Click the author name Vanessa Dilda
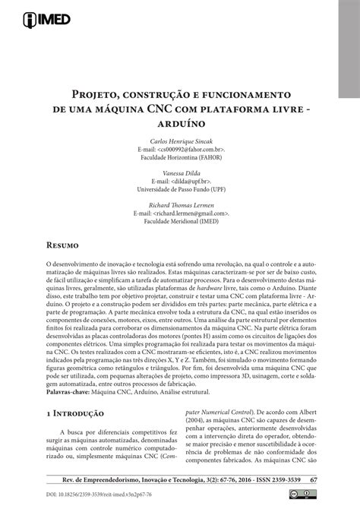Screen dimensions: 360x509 pos(179,174)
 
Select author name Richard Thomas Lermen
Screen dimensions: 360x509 pos(179,206)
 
